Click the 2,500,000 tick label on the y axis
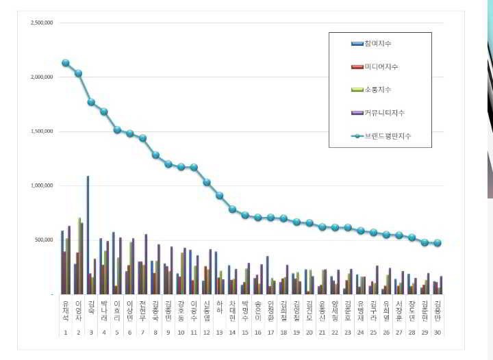click(42, 23)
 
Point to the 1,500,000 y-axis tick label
click(42, 131)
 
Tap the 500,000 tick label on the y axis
click(45, 240)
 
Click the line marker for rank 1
click(65, 62)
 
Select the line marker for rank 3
click(91, 102)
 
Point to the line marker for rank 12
click(207, 182)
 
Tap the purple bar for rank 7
click(146, 264)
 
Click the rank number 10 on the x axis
click(181, 333)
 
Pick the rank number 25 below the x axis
click(373, 333)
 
